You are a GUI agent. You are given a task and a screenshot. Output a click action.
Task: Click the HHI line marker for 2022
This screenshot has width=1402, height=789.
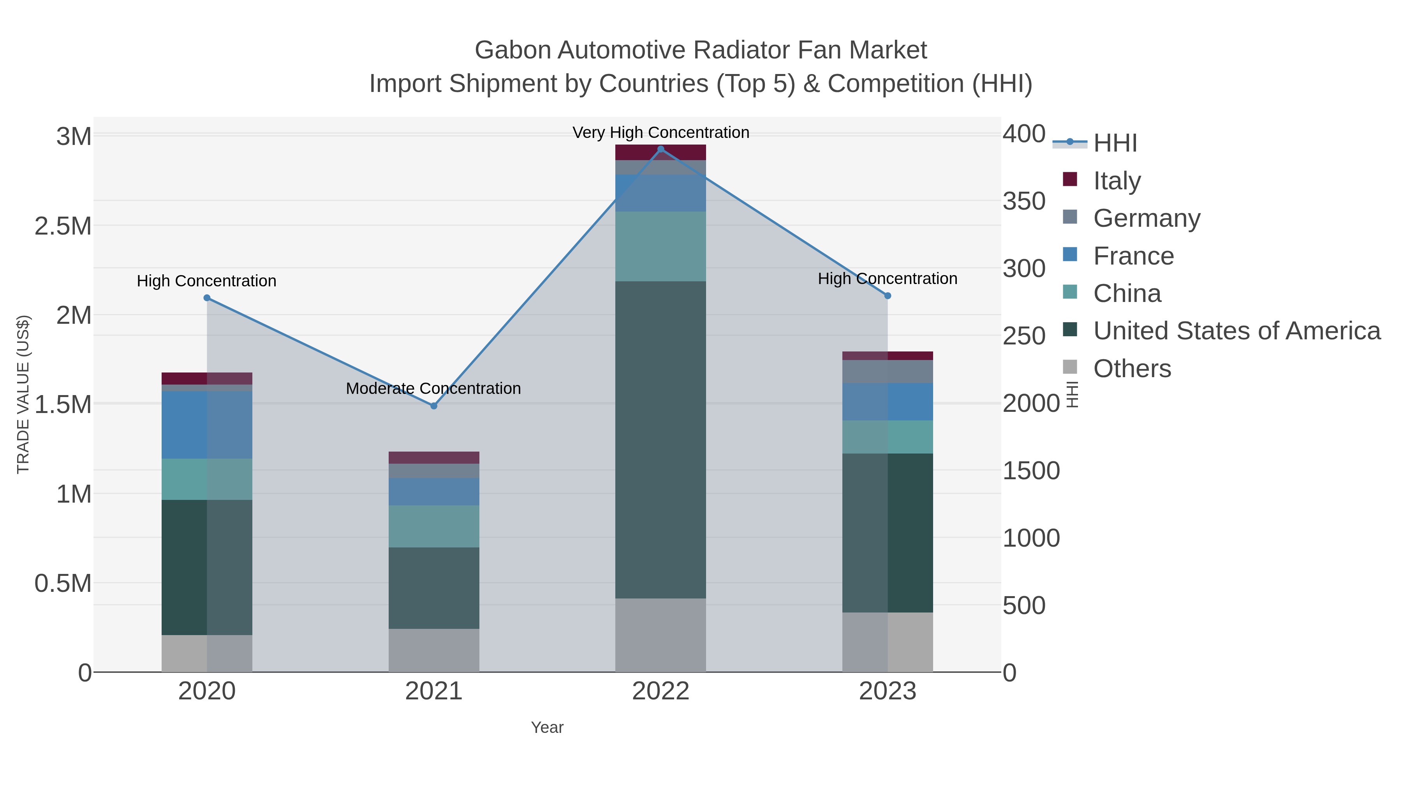[661, 149]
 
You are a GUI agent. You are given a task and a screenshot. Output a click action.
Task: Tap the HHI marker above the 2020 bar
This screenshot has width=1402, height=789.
[207, 298]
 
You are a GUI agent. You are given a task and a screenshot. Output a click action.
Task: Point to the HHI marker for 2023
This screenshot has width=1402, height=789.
[888, 296]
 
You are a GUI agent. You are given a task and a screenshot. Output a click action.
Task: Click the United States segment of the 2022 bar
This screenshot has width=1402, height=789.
[661, 440]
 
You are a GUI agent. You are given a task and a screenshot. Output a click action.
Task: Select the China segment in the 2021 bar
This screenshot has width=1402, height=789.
[434, 526]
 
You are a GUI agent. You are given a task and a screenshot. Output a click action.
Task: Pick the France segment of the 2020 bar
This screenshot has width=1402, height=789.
[207, 425]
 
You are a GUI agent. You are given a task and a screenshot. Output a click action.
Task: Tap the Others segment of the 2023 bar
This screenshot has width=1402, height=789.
[888, 642]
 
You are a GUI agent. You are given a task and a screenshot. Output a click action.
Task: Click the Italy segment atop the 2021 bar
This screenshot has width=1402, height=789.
[434, 457]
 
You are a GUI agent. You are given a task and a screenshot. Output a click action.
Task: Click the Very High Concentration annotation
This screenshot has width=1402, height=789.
[661, 132]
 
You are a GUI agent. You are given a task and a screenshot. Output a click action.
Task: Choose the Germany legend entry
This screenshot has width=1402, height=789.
[1146, 218]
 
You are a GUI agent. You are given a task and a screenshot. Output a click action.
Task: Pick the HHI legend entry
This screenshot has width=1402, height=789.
[1115, 143]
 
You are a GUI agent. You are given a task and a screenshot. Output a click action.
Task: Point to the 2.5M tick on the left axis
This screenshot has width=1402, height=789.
[63, 226]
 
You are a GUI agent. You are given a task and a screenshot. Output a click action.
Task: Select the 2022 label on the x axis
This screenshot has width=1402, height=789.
[661, 692]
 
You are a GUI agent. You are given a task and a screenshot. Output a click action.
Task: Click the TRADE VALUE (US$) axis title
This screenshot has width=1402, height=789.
[23, 394]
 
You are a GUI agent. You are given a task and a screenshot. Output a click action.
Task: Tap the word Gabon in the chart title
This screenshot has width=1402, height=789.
[512, 50]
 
